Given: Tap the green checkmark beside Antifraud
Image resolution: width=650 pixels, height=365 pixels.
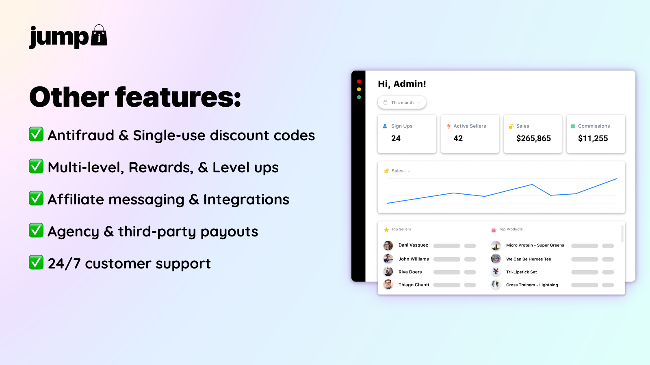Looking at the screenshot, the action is [36, 134].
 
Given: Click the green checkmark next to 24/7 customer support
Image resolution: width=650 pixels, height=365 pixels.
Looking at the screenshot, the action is [36, 262].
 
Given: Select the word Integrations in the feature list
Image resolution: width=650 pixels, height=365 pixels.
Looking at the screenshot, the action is [246, 200].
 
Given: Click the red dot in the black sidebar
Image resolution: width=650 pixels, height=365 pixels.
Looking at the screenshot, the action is [359, 82].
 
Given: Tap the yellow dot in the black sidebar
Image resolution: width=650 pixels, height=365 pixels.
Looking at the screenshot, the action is [359, 90].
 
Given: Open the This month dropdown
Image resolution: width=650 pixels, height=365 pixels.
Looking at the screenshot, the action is [402, 103].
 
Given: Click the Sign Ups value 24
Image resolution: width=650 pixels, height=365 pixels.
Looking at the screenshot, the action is [396, 138].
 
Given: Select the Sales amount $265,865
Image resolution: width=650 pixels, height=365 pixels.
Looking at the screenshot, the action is [533, 138].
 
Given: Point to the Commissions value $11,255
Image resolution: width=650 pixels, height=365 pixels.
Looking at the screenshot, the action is [593, 138].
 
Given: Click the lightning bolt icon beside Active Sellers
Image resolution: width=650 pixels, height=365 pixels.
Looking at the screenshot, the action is [448, 126].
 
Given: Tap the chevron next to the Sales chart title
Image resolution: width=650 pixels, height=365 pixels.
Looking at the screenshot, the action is [409, 171].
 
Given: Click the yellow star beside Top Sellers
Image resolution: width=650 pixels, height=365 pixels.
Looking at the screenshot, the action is [386, 230].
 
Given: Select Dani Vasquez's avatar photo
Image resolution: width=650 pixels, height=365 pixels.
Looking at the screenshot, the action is [388, 246].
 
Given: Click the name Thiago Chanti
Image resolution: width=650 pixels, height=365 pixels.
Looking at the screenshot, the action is [414, 285].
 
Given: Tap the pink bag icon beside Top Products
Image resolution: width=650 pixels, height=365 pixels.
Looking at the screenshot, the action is [493, 230].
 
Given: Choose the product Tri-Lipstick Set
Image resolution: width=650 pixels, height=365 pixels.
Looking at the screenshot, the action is [522, 272].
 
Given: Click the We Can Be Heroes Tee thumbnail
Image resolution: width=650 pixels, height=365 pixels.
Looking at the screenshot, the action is [496, 259].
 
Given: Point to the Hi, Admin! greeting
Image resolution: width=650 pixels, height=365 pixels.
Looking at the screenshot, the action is [402, 84].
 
